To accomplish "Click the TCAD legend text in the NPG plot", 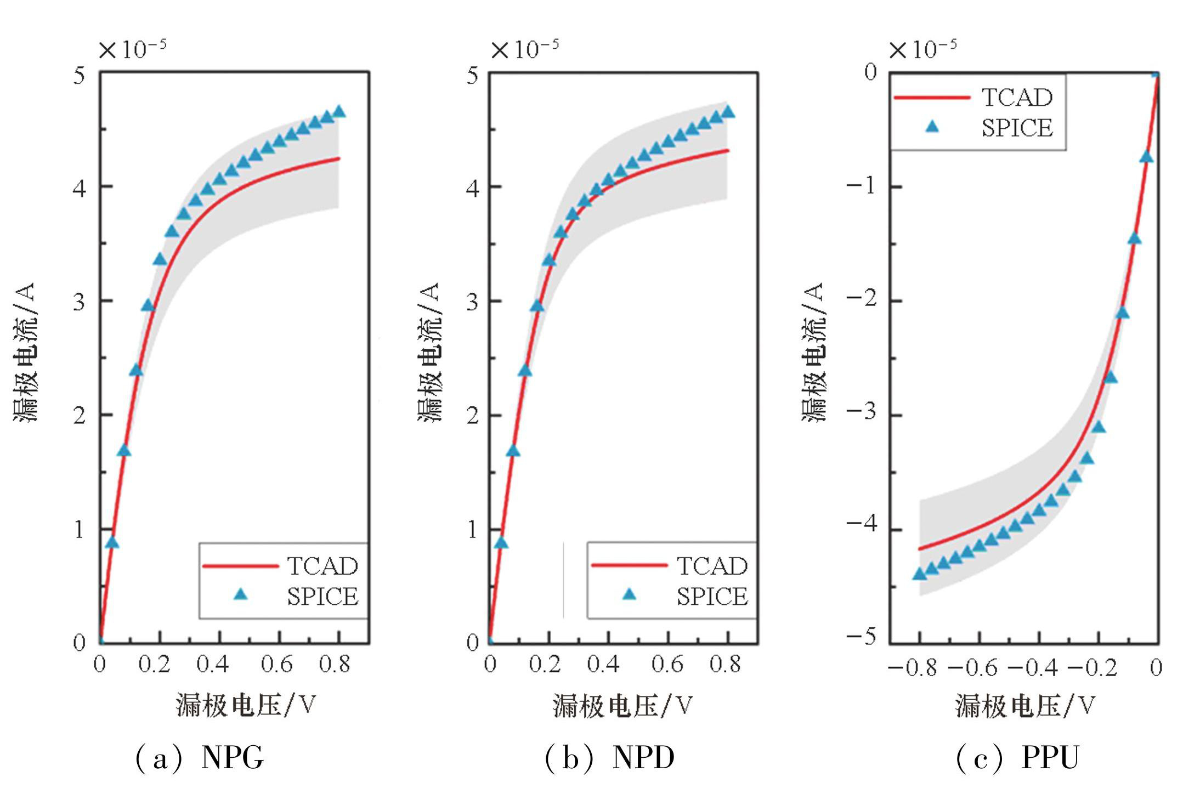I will tap(322, 566).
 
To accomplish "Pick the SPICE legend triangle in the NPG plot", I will tap(240, 594).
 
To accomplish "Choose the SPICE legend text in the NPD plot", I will tap(711, 597).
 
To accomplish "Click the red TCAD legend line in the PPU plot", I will tap(932, 98).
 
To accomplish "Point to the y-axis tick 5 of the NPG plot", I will tap(80, 76).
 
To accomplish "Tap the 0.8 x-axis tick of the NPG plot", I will tap(335, 665).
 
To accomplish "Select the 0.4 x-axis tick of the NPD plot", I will tap(603, 665).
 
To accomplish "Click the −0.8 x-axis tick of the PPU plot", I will tap(913, 668).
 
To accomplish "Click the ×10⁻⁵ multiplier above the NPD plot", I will tap(525, 49).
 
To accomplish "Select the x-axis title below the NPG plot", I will tap(246, 705).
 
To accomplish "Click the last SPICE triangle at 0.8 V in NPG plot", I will tap(339, 111).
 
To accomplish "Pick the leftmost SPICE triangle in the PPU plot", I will tap(920, 574).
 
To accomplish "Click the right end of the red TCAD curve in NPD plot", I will tap(728, 150).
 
